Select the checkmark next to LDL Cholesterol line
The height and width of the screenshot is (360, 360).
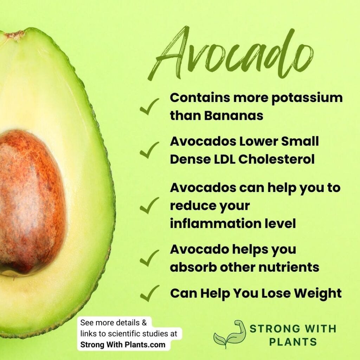pyautogui.click(x=149, y=150)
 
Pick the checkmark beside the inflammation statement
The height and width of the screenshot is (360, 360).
pyautogui.click(x=149, y=206)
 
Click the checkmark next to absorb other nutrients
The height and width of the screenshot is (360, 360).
pyautogui.click(x=149, y=259)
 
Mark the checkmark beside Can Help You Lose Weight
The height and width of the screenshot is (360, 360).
pyautogui.click(x=149, y=294)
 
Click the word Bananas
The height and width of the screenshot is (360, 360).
pyautogui.click(x=233, y=115)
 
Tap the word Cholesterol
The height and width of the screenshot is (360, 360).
pyautogui.click(x=276, y=159)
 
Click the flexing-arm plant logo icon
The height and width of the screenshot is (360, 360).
pyautogui.click(x=230, y=333)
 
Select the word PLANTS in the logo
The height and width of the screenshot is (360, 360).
pyautogui.click(x=293, y=342)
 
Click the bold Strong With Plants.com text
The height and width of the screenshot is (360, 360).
pyautogui.click(x=123, y=345)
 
